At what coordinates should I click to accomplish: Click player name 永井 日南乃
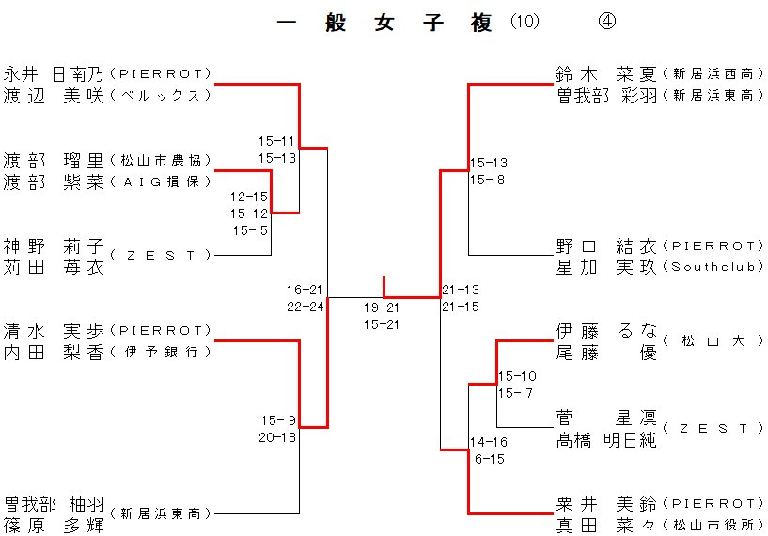pyautogui.click(x=54, y=73)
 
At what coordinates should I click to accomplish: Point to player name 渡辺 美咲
pyautogui.click(x=54, y=95)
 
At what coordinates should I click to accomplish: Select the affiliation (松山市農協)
pyautogui.click(x=161, y=161)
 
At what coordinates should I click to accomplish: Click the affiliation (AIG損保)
pyautogui.click(x=161, y=182)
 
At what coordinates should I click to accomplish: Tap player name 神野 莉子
pyautogui.click(x=54, y=246)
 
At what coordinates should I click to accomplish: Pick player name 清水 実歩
pyautogui.click(x=54, y=331)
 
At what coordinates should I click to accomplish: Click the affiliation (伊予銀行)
pyautogui.click(x=161, y=353)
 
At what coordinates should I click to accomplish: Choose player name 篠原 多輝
pyautogui.click(x=54, y=525)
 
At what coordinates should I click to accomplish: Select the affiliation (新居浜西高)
pyautogui.click(x=713, y=73)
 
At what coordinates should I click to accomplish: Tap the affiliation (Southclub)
pyautogui.click(x=713, y=268)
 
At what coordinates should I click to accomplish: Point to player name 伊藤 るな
pyautogui.click(x=606, y=331)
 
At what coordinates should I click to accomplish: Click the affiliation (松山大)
pyautogui.click(x=713, y=341)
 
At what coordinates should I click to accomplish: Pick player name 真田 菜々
pyautogui.click(x=606, y=525)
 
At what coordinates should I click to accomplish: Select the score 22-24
pyautogui.click(x=306, y=307)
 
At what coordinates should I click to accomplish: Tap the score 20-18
pyautogui.click(x=277, y=437)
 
